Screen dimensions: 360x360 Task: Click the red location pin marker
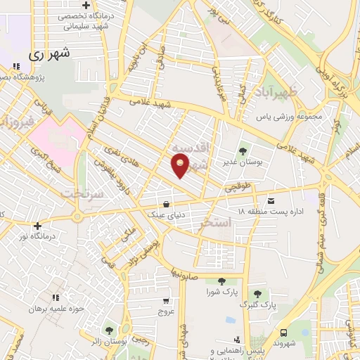181,167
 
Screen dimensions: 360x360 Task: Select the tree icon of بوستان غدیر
243,150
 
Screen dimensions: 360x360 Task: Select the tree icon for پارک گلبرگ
257,294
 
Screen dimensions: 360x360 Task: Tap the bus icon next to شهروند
283,333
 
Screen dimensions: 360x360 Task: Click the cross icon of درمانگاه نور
37,226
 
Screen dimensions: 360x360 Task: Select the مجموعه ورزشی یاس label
288,117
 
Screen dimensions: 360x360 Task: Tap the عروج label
166,311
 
